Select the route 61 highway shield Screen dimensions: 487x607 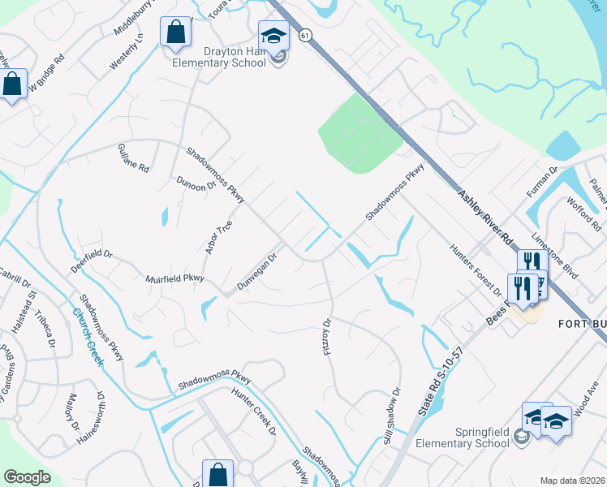(x=303, y=36)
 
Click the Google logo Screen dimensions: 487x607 (x=27, y=477)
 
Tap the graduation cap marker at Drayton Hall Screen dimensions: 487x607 (x=273, y=37)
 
